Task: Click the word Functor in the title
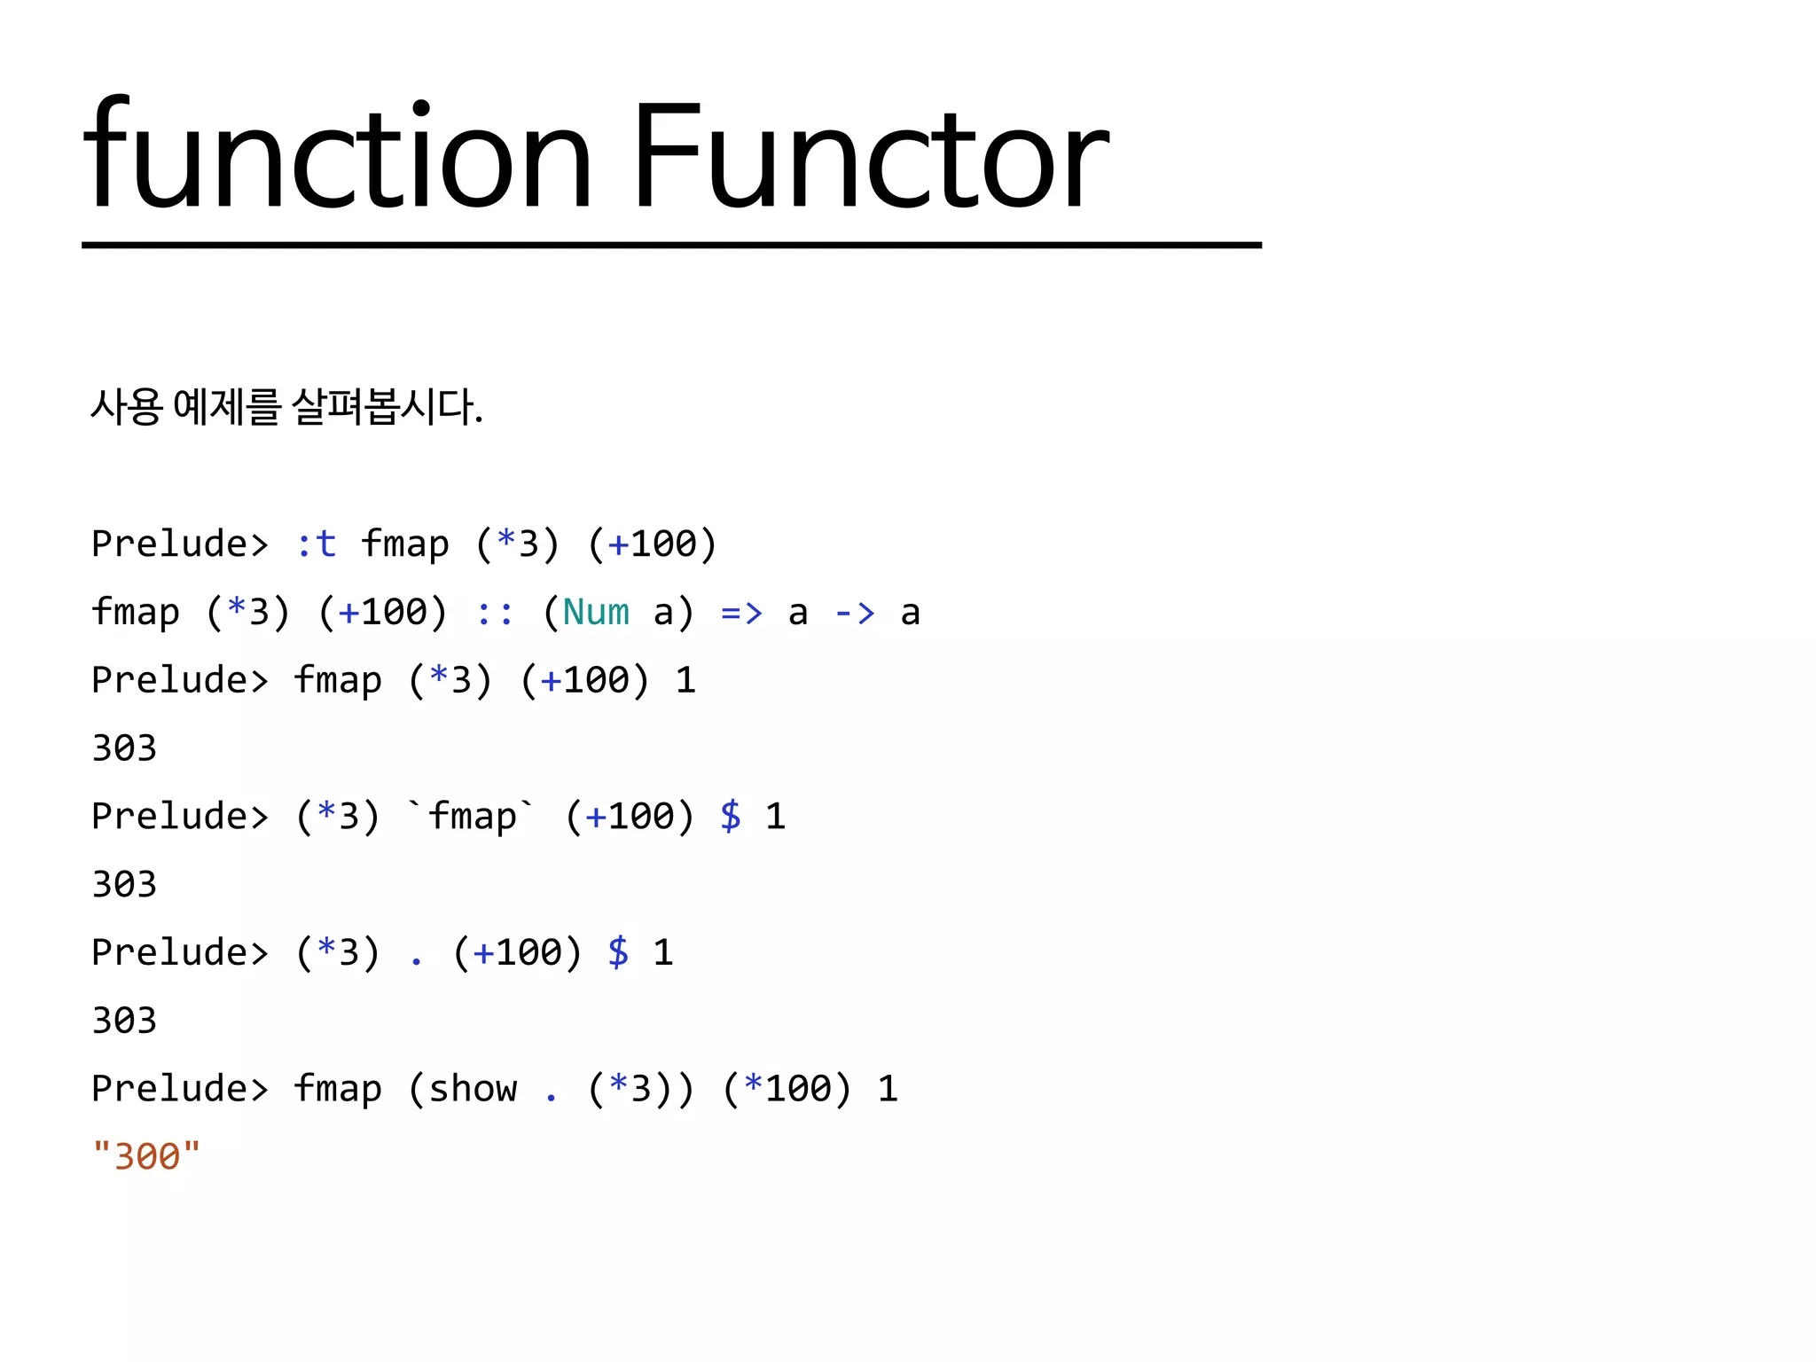869,158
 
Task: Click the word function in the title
337,158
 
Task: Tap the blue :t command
316,544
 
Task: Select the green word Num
596,612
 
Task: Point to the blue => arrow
741,612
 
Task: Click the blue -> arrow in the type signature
855,612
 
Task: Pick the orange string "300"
147,1156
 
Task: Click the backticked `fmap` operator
472,816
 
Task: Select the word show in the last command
473,1088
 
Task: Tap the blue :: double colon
494,612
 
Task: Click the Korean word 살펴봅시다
387,407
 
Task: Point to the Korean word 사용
127,407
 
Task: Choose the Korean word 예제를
227,407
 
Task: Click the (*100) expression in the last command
787,1088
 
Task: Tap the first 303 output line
124,748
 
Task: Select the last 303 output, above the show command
124,1020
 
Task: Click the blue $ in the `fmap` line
731,816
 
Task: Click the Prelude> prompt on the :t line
180,544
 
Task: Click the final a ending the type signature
911,612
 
